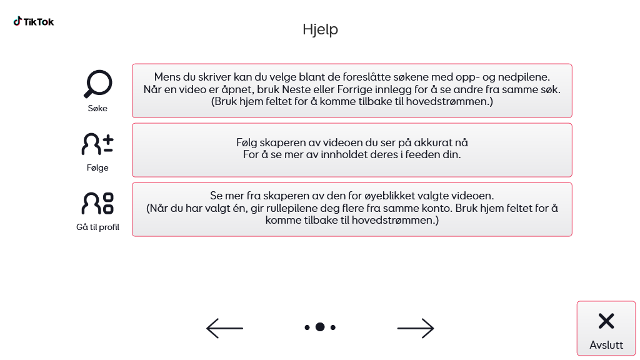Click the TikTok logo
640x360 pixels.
[34, 22]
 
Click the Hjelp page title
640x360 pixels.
[320, 29]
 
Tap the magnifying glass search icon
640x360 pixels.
[97, 84]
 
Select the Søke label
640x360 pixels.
[97, 108]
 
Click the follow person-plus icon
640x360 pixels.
[97, 144]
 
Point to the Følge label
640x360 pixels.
[97, 167]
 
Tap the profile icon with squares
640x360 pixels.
[97, 203]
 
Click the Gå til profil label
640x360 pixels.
[97, 227]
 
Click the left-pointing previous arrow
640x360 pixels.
[224, 327]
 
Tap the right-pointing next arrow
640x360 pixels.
[416, 327]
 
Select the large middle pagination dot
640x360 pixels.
[320, 327]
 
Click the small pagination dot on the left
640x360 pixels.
[307, 327]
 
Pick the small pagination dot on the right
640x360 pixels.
[333, 327]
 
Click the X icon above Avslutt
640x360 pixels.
[606, 321]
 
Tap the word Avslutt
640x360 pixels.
[606, 345]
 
